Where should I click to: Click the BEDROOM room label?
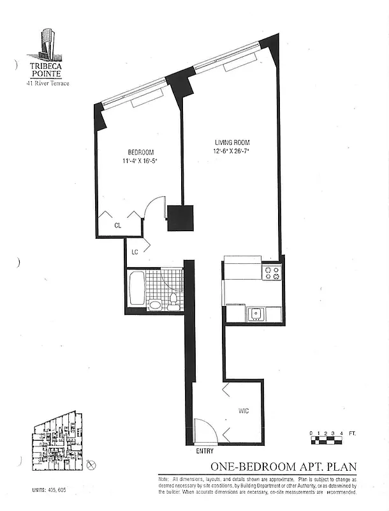point(141,152)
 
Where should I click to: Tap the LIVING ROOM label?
point(231,142)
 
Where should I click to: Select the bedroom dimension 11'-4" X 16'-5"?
point(140,162)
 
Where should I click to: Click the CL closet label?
point(118,225)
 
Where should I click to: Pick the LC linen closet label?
point(135,253)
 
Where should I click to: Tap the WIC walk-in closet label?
point(244,411)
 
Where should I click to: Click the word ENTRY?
point(205,452)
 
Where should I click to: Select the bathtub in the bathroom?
point(136,289)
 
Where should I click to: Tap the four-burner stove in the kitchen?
point(272,273)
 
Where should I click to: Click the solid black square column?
point(180,217)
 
